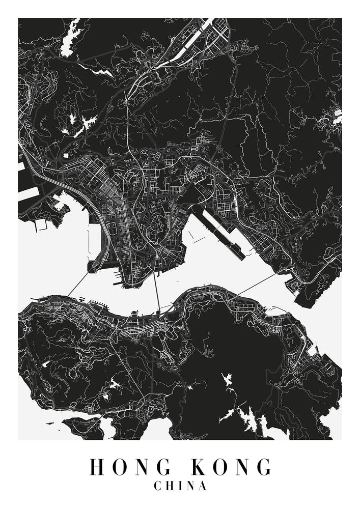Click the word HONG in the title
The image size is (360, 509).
tap(130, 467)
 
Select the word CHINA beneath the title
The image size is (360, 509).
tap(180, 486)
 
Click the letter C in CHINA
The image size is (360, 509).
tap(158, 486)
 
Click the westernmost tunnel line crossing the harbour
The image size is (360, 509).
tap(78, 284)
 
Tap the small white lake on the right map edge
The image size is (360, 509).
tap(337, 117)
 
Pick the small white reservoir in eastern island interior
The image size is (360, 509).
tap(226, 379)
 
